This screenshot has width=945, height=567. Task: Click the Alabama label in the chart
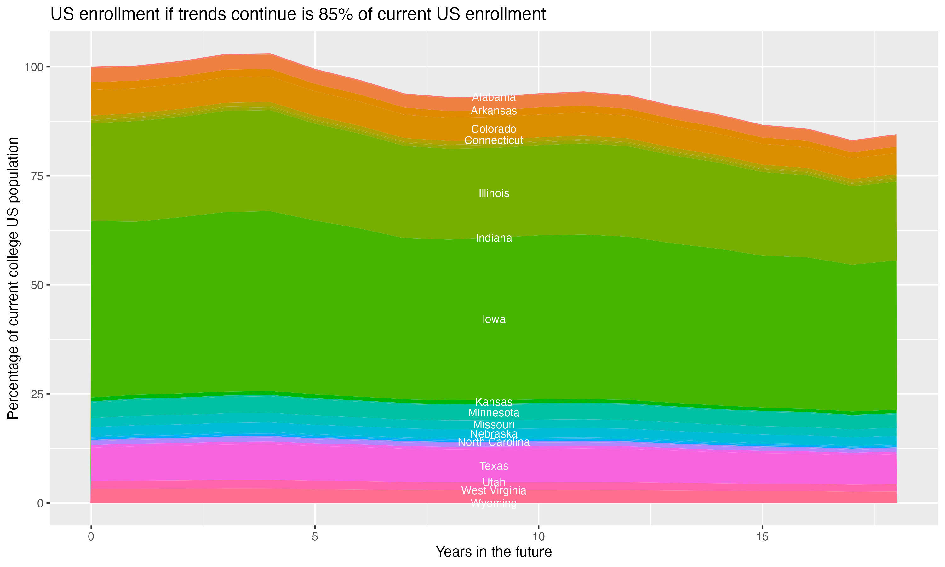494,97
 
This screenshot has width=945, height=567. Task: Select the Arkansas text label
494,111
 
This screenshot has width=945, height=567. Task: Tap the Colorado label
494,129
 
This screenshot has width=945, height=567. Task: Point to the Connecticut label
494,140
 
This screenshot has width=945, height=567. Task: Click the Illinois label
494,193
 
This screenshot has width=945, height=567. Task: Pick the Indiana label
494,238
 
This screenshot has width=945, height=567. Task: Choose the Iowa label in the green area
494,319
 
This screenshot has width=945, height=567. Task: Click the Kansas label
494,402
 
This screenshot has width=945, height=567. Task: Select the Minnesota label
494,413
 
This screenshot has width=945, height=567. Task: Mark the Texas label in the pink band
494,466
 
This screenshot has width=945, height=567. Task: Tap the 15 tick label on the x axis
762,537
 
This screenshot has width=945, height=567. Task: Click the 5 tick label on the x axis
314,537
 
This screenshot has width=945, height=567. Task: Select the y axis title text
13,278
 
